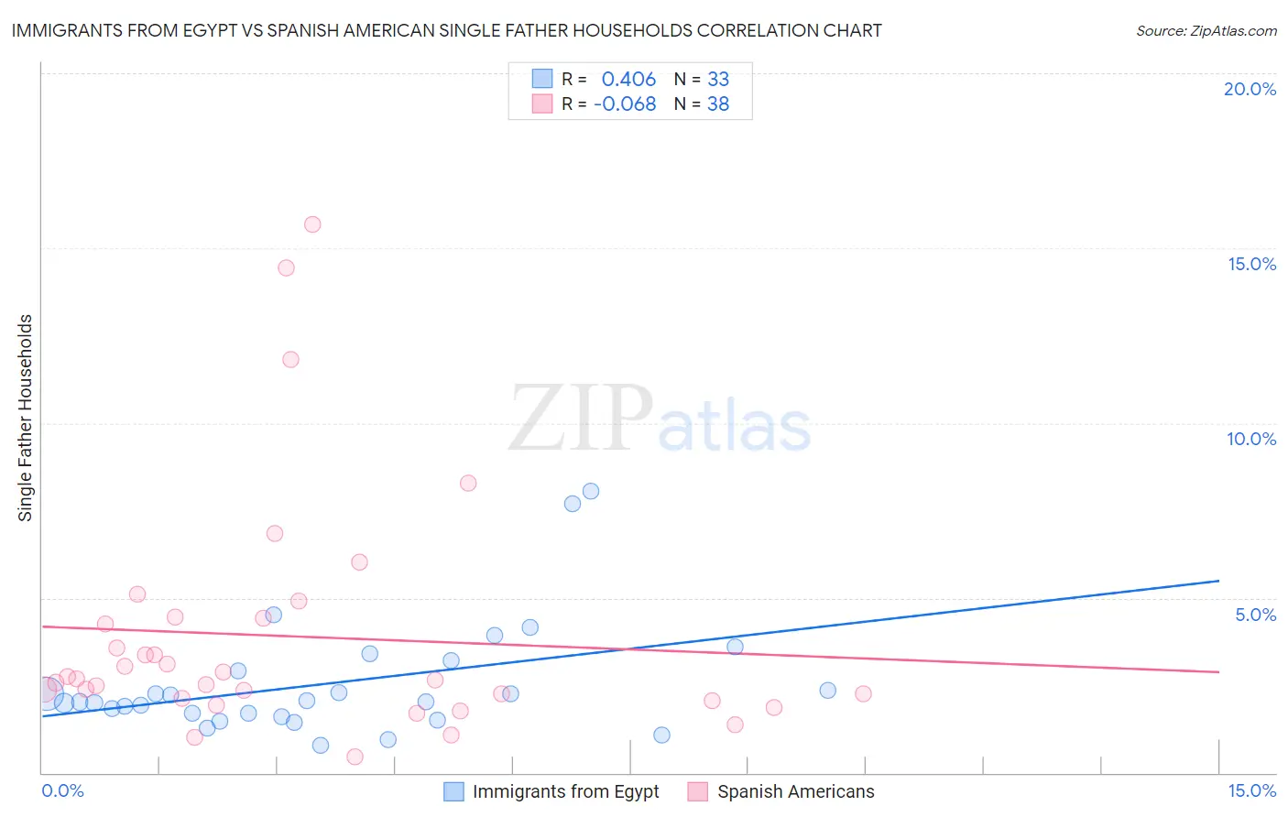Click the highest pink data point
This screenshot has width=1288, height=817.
point(312,224)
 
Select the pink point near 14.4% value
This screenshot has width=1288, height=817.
point(286,268)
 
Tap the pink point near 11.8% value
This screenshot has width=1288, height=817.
point(290,359)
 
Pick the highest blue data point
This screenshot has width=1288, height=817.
point(591,491)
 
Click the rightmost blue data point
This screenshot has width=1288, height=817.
point(828,691)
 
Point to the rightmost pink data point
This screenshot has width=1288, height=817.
point(863,693)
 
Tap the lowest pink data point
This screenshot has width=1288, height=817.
point(355,757)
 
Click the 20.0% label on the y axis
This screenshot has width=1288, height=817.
point(1250,89)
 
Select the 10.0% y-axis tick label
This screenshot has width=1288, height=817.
point(1250,439)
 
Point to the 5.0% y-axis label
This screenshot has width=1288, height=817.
point(1255,615)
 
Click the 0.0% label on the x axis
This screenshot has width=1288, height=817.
point(62,790)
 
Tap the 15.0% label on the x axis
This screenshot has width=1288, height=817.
point(1251,790)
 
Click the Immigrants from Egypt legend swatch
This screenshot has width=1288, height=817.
point(453,791)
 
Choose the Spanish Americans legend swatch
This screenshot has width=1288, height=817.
point(698,791)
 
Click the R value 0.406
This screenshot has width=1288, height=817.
point(628,80)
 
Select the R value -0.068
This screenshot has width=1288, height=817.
point(625,104)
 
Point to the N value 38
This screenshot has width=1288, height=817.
point(718,104)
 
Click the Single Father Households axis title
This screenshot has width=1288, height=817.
point(26,418)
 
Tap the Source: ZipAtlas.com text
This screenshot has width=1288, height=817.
point(1206,31)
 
